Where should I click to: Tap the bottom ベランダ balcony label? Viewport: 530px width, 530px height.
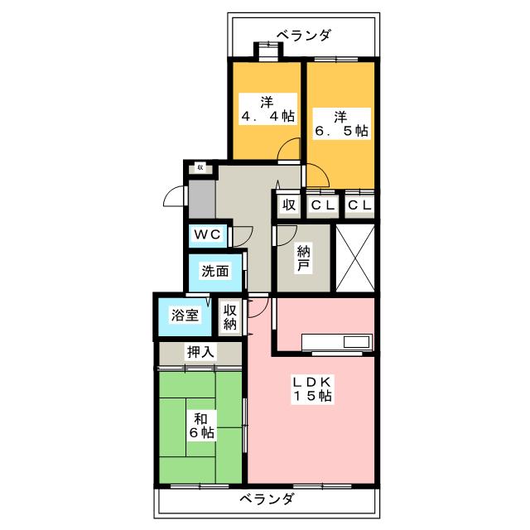[x=267, y=499]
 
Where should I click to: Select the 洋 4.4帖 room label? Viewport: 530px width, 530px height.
[x=266, y=109]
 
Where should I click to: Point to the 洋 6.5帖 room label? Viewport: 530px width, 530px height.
[x=340, y=123]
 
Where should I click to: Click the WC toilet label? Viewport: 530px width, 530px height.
[x=207, y=234]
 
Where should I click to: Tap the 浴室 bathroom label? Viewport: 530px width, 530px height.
[x=184, y=316]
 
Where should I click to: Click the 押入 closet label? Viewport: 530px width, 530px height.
[x=200, y=352]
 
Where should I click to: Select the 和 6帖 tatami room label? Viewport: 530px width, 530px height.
[x=200, y=423]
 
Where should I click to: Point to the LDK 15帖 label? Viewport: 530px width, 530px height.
[x=311, y=388]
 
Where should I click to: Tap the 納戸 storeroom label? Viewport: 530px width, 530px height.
[x=304, y=259]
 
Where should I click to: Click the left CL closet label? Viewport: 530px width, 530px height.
[x=323, y=205]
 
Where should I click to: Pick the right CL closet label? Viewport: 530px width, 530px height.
[x=359, y=205]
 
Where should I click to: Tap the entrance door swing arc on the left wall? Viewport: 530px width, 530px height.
[x=174, y=196]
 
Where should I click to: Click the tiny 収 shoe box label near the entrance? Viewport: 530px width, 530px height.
[x=200, y=166]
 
